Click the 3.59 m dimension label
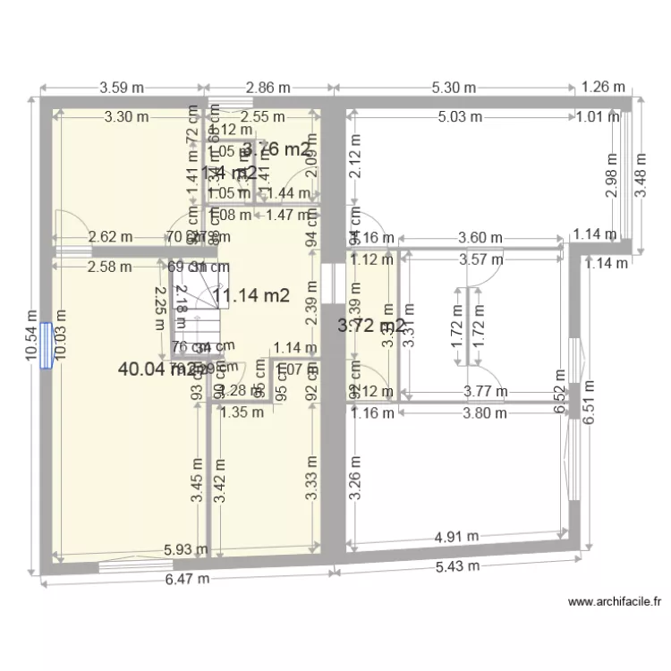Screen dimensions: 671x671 point(122,88)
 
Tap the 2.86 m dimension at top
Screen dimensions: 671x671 point(268,88)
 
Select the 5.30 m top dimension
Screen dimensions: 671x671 point(454,88)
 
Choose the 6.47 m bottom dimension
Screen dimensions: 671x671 point(187,579)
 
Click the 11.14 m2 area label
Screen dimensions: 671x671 point(256,296)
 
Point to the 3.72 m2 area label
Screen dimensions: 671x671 point(370,327)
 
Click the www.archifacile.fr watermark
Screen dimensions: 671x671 point(614,603)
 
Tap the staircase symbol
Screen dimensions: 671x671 point(198,310)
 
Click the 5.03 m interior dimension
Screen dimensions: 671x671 point(461,116)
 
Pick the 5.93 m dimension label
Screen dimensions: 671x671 point(185,550)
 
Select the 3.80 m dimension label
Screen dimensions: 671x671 point(482,413)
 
